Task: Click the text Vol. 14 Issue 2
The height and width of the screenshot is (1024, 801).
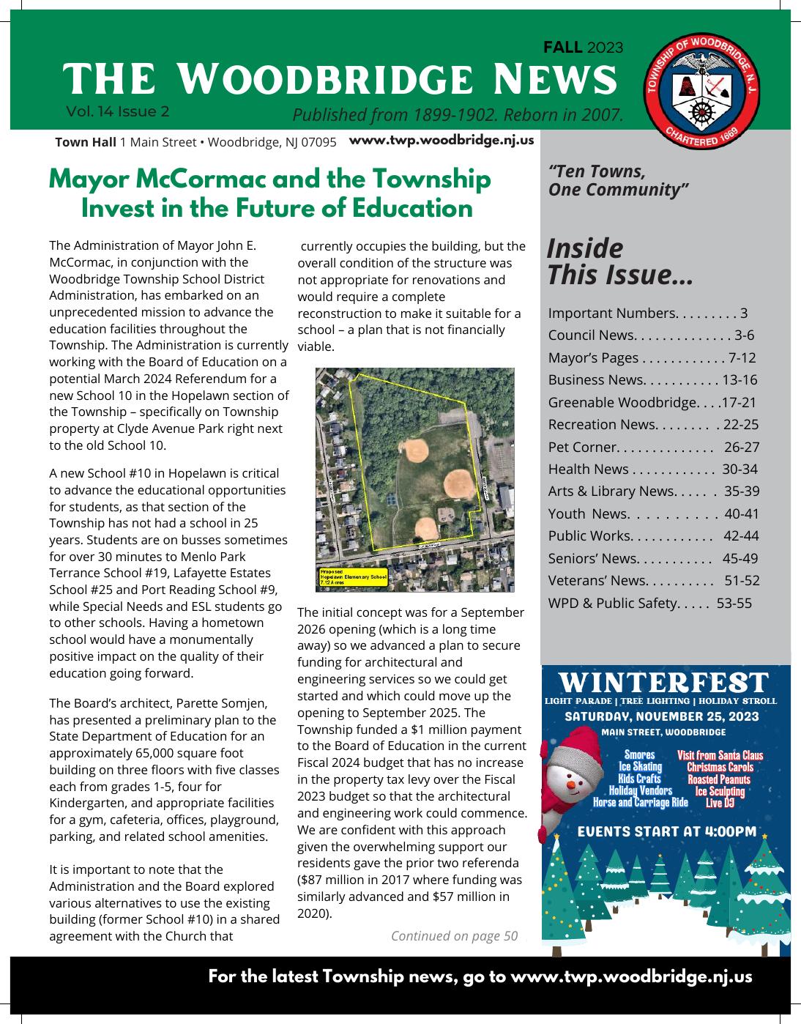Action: pyautogui.click(x=118, y=111)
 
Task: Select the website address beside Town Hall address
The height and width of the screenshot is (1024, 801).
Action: pyautogui.click(x=442, y=140)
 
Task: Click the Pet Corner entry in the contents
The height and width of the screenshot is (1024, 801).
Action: pyautogui.click(x=584, y=447)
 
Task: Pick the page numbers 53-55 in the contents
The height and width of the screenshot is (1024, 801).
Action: pyautogui.click(x=734, y=603)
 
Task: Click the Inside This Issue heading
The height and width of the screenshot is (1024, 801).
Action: pyautogui.click(x=619, y=261)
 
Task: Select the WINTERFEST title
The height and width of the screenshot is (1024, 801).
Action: pyautogui.click(x=664, y=683)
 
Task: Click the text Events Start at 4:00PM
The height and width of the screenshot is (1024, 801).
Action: pyautogui.click(x=667, y=831)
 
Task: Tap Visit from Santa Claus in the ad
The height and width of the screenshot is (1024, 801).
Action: pyautogui.click(x=720, y=755)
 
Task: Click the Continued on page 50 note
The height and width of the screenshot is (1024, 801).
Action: pyautogui.click(x=454, y=935)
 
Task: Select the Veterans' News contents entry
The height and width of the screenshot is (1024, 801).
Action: pyautogui.click(x=597, y=581)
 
